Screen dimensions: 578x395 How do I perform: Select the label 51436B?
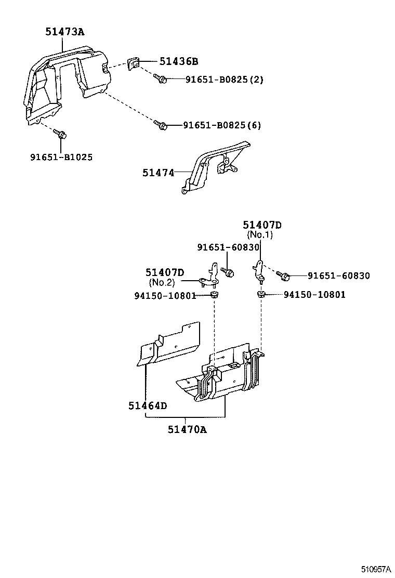178,62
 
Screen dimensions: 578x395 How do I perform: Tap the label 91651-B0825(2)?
225,80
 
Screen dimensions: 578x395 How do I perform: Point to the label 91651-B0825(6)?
222,125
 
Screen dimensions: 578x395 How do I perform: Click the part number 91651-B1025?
61,157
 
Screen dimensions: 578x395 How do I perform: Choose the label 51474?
159,172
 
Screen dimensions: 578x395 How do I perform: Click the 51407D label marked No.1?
262,225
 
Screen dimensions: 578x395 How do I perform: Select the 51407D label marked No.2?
165,272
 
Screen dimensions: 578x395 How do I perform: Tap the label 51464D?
148,405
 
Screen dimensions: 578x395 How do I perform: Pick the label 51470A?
187,429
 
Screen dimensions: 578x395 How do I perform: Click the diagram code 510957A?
376,569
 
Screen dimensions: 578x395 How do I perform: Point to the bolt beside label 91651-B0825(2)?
160,79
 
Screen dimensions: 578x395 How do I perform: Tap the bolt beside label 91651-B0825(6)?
160,125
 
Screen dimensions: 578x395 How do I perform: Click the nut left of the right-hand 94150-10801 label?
262,295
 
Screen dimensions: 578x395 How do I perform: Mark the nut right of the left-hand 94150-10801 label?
214,296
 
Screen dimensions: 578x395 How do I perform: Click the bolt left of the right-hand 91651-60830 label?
283,275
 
